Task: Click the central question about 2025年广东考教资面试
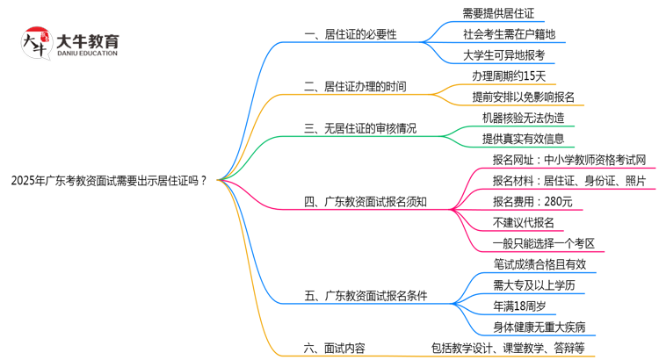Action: point(109,181)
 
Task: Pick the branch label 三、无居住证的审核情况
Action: point(360,128)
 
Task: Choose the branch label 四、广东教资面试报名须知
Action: point(366,202)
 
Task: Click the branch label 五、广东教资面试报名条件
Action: point(366,296)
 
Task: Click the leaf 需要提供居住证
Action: point(497,14)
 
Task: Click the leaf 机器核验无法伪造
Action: point(523,118)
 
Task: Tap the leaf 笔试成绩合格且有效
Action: point(540,264)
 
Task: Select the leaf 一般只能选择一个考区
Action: point(545,243)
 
